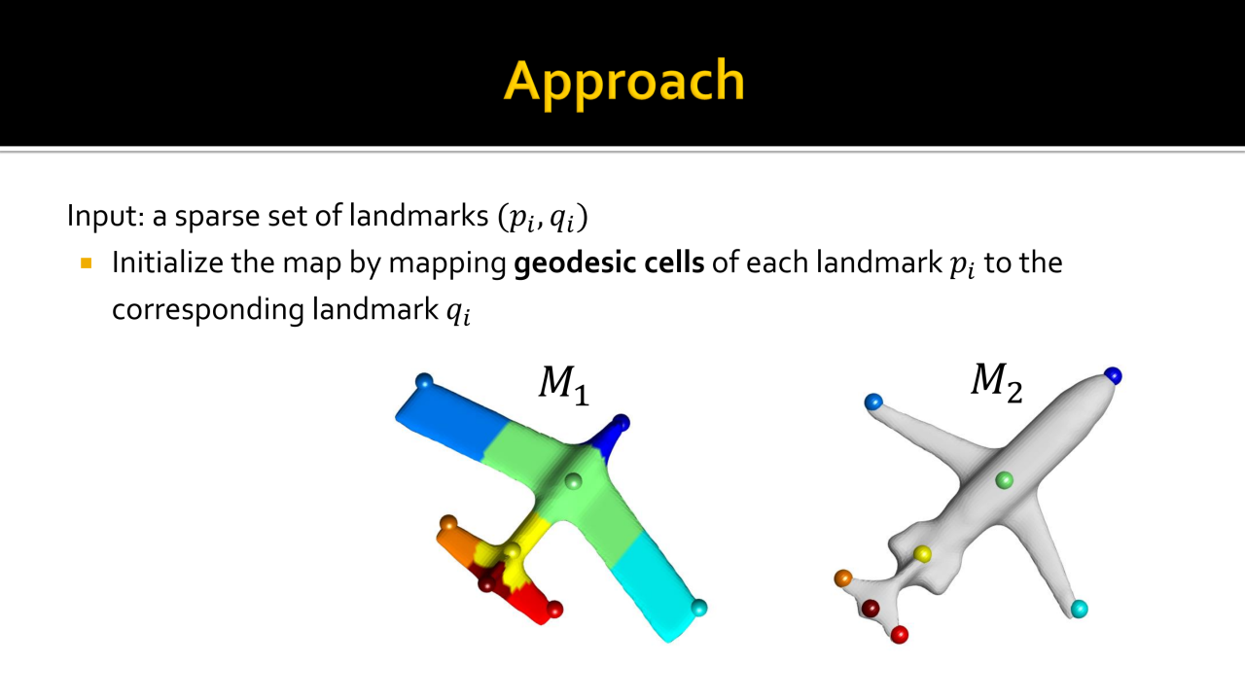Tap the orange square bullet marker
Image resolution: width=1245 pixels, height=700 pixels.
[87, 262]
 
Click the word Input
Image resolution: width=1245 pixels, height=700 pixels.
[102, 216]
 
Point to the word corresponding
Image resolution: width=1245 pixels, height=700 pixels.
[208, 309]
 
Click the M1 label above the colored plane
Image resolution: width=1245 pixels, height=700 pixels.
[563, 385]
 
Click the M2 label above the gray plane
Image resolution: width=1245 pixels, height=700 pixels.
[997, 382]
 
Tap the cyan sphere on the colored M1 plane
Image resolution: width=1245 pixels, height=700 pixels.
[698, 608]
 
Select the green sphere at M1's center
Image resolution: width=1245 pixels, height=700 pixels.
[573, 481]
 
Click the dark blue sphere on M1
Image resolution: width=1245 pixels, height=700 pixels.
[621, 423]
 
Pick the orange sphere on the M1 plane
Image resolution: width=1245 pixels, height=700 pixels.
[448, 524]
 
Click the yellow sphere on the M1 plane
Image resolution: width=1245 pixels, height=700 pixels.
[512, 551]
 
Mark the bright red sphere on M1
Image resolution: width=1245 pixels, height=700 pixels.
[554, 609]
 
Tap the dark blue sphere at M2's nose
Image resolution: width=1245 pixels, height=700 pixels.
[1113, 375]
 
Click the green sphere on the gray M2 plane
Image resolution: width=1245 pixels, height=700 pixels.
[1004, 480]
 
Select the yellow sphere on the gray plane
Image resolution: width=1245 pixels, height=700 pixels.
[923, 554]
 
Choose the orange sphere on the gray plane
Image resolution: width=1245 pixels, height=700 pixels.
[843, 578]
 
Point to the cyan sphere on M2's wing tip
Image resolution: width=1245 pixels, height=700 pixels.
[1079, 609]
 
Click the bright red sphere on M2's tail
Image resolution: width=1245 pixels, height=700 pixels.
[900, 635]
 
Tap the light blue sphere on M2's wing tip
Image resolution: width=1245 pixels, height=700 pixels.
[873, 402]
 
